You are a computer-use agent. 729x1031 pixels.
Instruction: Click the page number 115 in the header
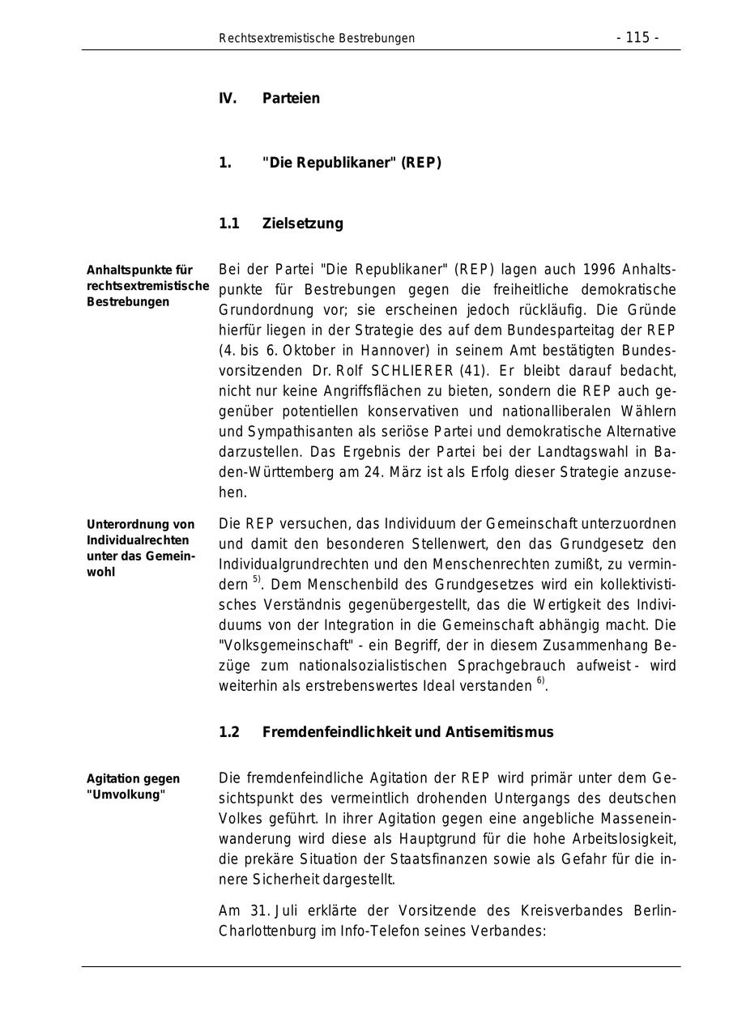pyautogui.click(x=637, y=38)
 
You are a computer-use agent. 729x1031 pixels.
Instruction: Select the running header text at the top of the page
pyautogui.click(x=317, y=38)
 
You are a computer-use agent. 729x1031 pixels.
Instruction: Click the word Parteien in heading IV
pyautogui.click(x=291, y=99)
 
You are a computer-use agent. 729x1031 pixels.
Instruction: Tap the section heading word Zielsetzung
pyautogui.click(x=302, y=224)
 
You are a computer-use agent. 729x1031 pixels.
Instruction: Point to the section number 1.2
pyautogui.click(x=229, y=732)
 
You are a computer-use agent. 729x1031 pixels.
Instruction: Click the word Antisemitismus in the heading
pyautogui.click(x=499, y=732)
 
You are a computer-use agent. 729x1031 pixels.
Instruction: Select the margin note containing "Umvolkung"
pyautogui.click(x=133, y=786)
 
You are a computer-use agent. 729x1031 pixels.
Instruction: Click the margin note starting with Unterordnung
pyautogui.click(x=141, y=548)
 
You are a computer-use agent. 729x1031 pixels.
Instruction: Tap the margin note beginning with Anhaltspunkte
pyautogui.click(x=147, y=286)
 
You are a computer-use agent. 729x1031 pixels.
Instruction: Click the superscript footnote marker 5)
pyautogui.click(x=257, y=580)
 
